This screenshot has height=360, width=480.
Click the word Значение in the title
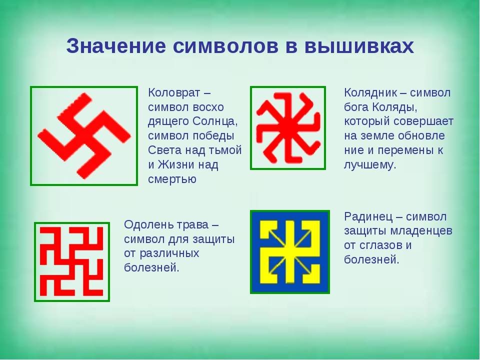pyautogui.click(x=116, y=46)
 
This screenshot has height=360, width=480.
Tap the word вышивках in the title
pyautogui.click(x=359, y=46)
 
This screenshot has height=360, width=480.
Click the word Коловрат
pyautogui.click(x=174, y=92)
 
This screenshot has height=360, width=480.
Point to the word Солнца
pyautogui.click(x=215, y=121)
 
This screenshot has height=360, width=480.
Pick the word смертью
pyautogui.click(x=172, y=179)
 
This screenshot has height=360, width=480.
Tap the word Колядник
pyautogui.click(x=370, y=92)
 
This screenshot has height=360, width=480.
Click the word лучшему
pyautogui.click(x=370, y=165)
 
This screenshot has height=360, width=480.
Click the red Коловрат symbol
pyautogui.click(x=83, y=135)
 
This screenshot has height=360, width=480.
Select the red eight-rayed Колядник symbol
pyautogui.click(x=288, y=128)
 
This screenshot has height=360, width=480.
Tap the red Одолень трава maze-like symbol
pyautogui.click(x=71, y=261)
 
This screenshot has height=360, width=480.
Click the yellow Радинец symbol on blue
pyautogui.click(x=290, y=251)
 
